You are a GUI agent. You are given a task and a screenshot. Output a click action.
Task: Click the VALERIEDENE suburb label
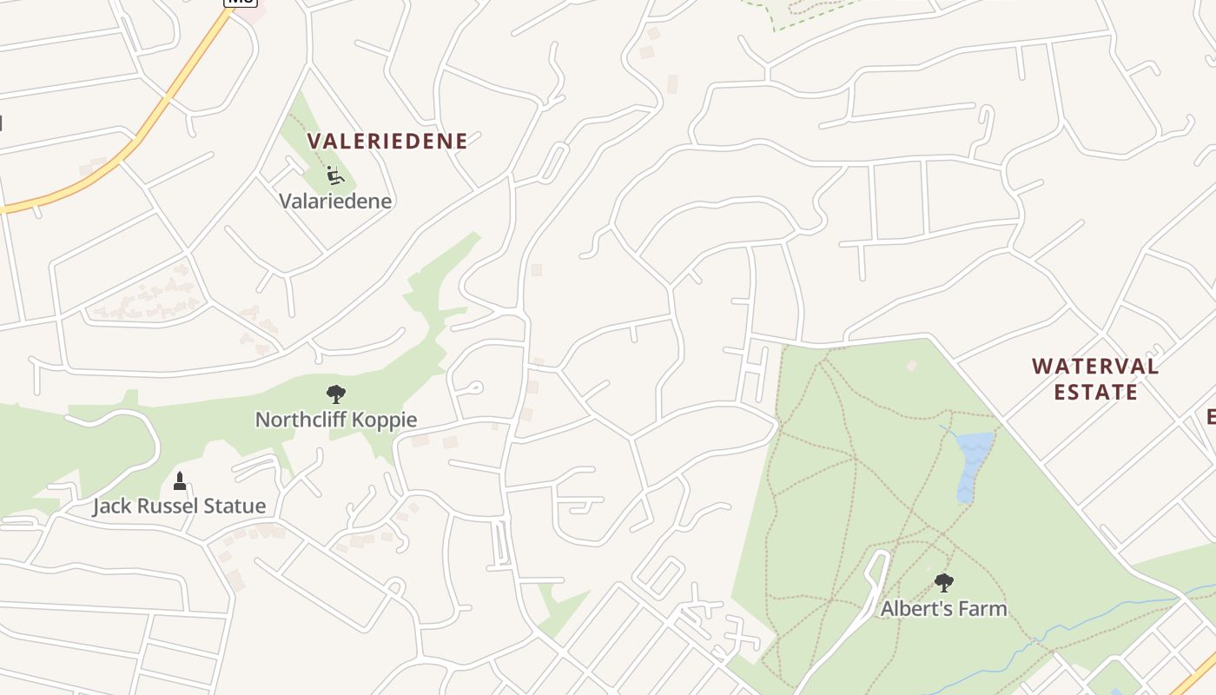tap(387, 141)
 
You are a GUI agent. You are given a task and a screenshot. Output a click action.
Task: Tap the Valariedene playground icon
tap(334, 176)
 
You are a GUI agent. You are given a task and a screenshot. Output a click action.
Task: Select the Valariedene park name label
tap(335, 201)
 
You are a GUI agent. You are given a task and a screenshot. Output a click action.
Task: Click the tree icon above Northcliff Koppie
tap(335, 394)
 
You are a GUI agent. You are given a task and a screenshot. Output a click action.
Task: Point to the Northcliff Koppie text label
tap(336, 420)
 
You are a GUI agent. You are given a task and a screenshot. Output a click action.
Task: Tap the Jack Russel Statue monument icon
tap(180, 480)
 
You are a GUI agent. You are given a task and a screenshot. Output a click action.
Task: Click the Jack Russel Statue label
tap(179, 506)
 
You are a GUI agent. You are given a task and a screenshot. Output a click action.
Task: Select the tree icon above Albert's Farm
tap(943, 583)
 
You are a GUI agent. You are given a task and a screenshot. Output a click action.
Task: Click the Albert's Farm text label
tap(944, 608)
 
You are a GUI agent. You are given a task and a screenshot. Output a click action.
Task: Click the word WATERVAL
tap(1095, 367)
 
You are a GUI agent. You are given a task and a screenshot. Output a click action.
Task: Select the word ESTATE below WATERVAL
tap(1095, 392)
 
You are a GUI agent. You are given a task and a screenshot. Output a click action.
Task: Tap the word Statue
tap(236, 506)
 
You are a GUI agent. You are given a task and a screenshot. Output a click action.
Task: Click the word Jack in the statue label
tap(111, 506)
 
